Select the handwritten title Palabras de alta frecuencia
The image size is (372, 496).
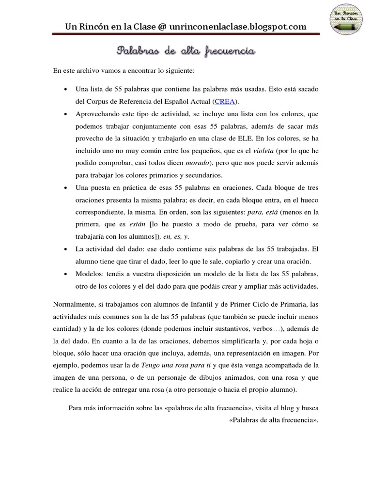click(x=186, y=51)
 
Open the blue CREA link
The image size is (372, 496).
click(x=225, y=102)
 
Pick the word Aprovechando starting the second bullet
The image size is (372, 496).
click(x=98, y=114)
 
